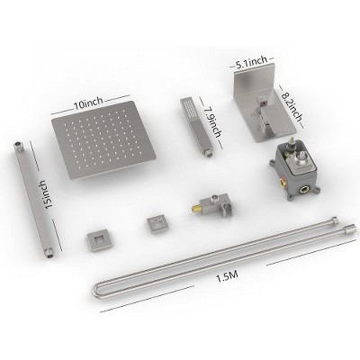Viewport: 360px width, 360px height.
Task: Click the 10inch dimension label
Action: pyautogui.click(x=88, y=104)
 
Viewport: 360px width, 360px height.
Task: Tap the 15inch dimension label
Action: pyautogui.click(x=49, y=195)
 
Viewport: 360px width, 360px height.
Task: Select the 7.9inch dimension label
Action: pyautogui.click(x=212, y=122)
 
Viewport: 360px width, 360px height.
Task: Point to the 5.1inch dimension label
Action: pyautogui.click(x=251, y=63)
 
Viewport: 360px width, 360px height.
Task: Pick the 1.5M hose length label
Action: pyautogui.click(x=227, y=277)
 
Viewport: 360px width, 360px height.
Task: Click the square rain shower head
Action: pyautogui.click(x=103, y=139)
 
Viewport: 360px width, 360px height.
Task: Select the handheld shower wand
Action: pyautogui.click(x=195, y=126)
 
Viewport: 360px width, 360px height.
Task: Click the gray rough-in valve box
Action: pyautogui.click(x=292, y=171)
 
